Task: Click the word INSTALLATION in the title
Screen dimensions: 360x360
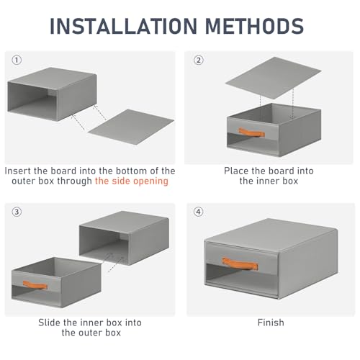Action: [123, 26]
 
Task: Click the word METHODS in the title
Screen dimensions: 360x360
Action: [255, 26]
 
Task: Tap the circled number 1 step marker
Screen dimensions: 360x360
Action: [17, 60]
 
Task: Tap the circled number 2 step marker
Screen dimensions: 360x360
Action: [199, 60]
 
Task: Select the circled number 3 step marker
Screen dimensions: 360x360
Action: [17, 212]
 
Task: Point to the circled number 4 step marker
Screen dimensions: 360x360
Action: [199, 212]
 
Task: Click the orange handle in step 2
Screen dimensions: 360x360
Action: [251, 132]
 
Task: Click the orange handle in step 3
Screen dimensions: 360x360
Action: [35, 285]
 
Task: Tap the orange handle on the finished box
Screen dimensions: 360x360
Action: [240, 264]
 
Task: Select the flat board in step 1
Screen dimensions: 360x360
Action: [131, 127]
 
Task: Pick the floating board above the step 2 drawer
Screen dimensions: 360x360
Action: [274, 78]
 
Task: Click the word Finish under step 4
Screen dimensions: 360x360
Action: [271, 323]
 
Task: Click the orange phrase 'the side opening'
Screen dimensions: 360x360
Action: [132, 181]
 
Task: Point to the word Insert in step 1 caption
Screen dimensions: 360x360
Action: [18, 171]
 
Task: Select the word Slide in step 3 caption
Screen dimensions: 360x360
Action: [50, 323]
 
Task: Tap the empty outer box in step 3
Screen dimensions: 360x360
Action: [124, 238]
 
